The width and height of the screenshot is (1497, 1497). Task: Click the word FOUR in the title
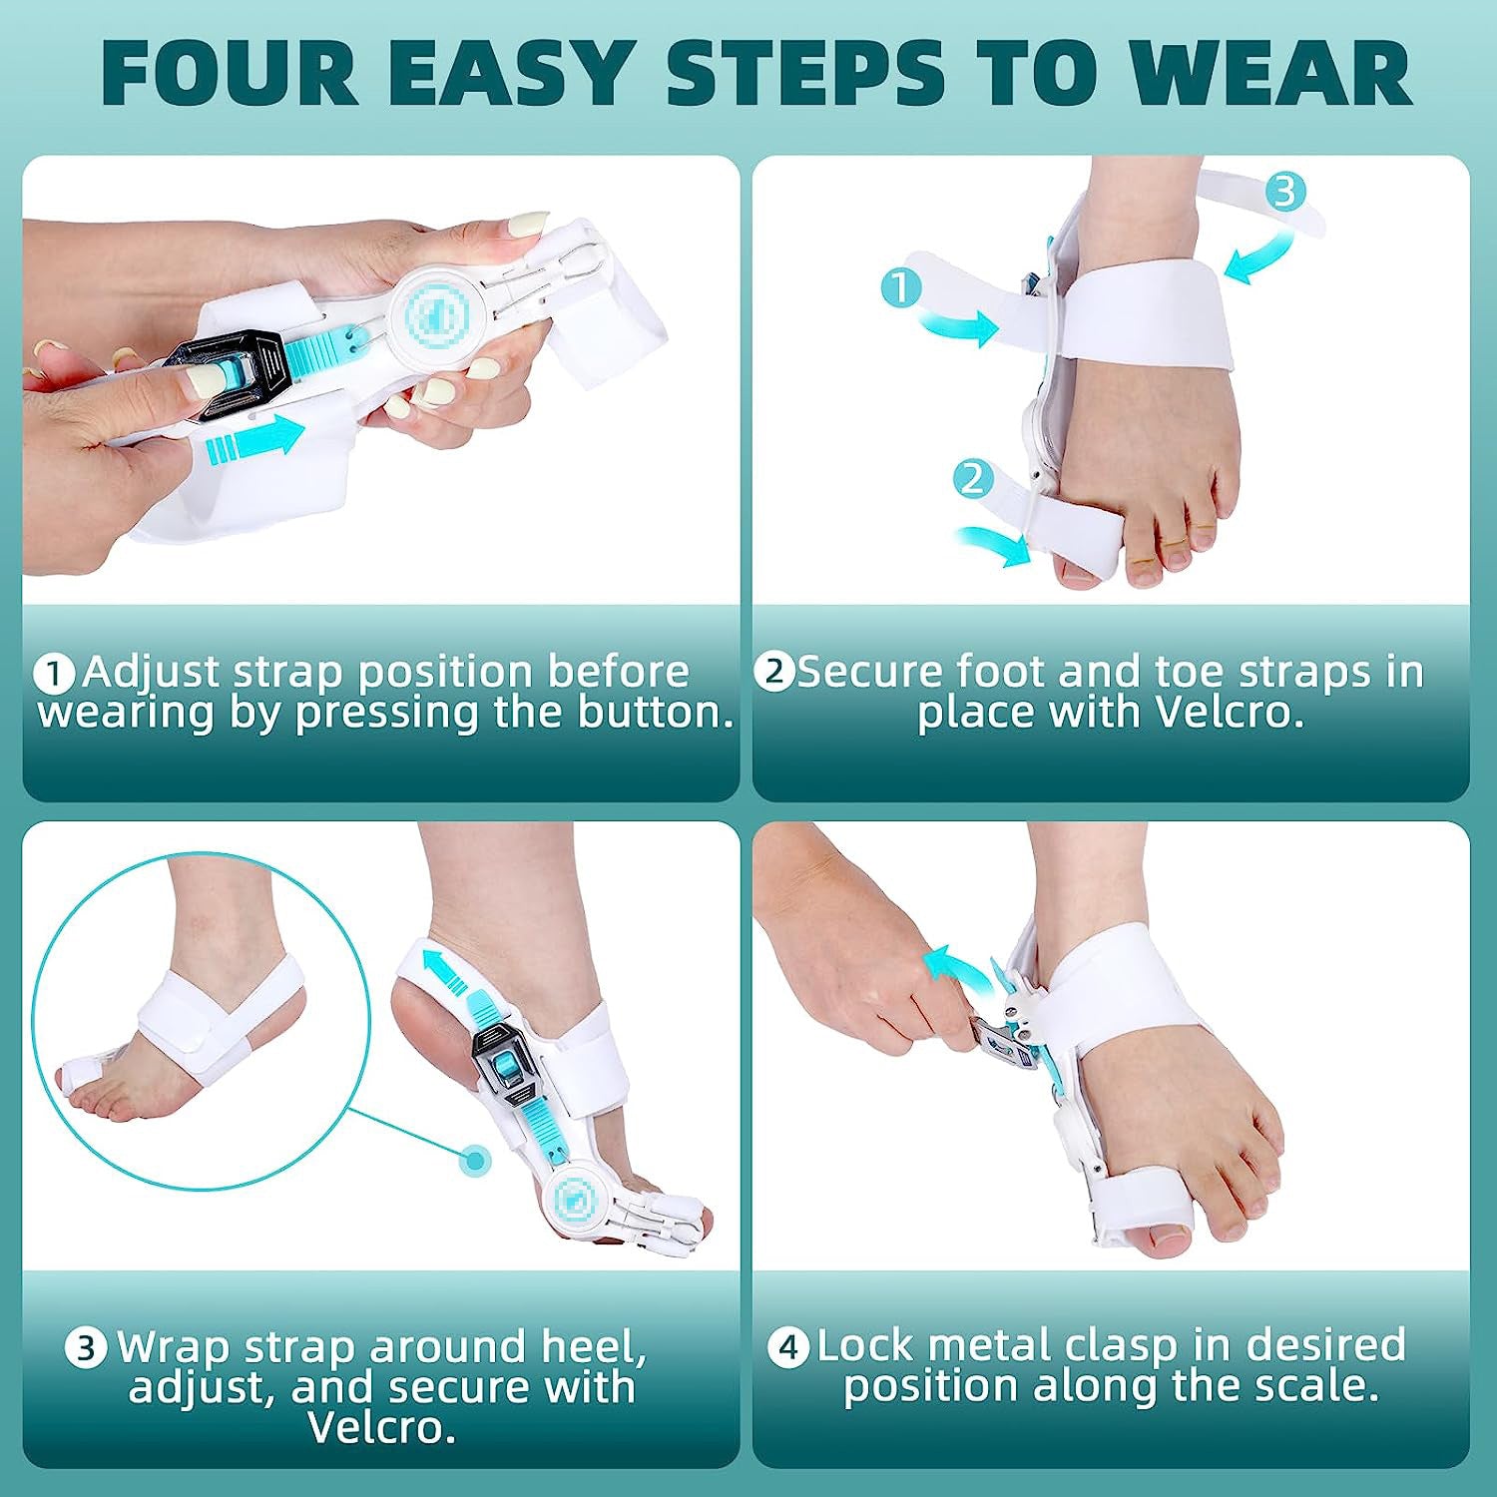coord(230,73)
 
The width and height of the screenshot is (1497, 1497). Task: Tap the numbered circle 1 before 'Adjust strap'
coord(55,674)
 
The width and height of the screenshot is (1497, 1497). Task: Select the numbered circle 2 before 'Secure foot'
coord(774,672)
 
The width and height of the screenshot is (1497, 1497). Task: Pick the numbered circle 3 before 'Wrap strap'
coord(86,1348)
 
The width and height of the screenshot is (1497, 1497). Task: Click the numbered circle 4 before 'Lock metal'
coord(788,1347)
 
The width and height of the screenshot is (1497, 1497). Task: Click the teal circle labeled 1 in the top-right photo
coord(901,287)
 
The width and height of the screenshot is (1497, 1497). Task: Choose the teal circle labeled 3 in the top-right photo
coord(1285,191)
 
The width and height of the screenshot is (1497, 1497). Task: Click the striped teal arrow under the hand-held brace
coord(254,440)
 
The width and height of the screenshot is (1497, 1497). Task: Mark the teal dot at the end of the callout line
coord(476,1161)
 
